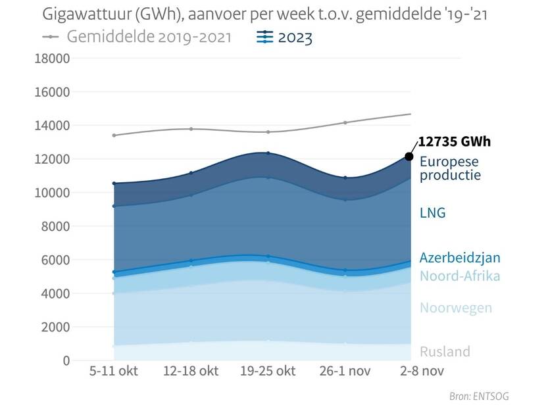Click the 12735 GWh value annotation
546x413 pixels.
coord(455,142)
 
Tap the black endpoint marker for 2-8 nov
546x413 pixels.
coord(409,157)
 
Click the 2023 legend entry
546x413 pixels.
coord(284,37)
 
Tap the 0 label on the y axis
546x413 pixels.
coord(66,360)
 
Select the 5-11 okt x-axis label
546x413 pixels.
coord(114,371)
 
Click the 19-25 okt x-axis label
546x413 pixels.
coord(267,371)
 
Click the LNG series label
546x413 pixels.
coord(433,212)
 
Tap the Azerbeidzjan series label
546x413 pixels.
coord(460,258)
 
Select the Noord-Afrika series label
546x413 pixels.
coord(460,276)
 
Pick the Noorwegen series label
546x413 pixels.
coord(456,308)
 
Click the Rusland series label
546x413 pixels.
coord(445,351)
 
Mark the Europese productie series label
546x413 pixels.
coord(451,168)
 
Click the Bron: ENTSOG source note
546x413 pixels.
coord(479,396)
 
